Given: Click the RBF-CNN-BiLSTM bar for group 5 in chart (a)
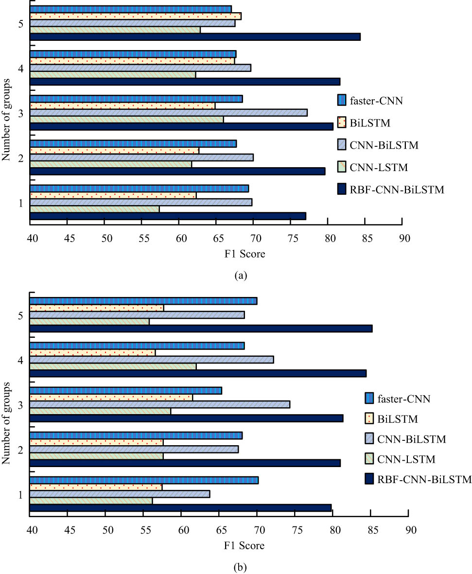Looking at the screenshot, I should [x=194, y=37].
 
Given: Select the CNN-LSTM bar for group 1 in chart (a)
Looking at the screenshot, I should [x=95, y=209].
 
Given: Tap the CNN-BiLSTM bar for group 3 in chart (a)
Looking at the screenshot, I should [x=168, y=113].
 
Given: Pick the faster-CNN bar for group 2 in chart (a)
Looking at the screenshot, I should [x=133, y=143].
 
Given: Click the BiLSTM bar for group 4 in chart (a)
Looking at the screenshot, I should [x=132, y=61].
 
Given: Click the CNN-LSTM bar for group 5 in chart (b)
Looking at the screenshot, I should [x=89, y=322].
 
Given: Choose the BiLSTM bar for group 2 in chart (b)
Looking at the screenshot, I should [x=97, y=442].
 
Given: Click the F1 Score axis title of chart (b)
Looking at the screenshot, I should [x=245, y=546].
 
